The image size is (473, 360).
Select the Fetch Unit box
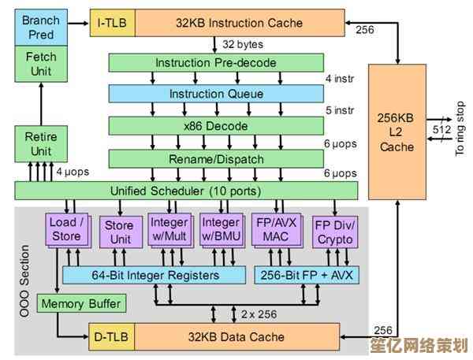coord(41,65)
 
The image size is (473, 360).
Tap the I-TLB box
coord(111,21)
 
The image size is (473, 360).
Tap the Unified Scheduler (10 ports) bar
coord(186,190)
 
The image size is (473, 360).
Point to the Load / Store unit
coord(65,228)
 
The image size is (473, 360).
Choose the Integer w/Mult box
coord(169,229)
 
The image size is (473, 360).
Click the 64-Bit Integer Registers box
coord(152,275)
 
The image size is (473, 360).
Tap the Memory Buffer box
coord(81,303)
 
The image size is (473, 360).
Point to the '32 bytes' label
coord(242,43)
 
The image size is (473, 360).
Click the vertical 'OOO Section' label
coord(25,280)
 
